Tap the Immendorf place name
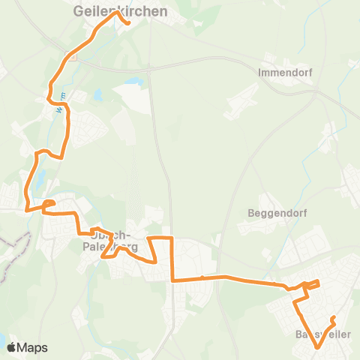coord(284,73)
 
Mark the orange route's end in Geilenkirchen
coord(129,24)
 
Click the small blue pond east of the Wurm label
coord(97,95)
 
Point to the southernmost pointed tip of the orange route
coord(317,348)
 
